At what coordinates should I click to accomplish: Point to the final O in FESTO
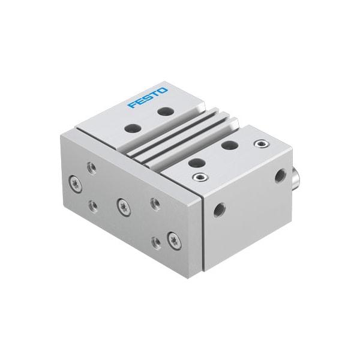(163, 89)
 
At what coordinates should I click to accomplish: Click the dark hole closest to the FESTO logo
(163, 112)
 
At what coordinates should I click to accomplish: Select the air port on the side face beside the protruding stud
(278, 175)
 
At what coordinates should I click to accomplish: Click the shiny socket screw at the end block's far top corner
(259, 144)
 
